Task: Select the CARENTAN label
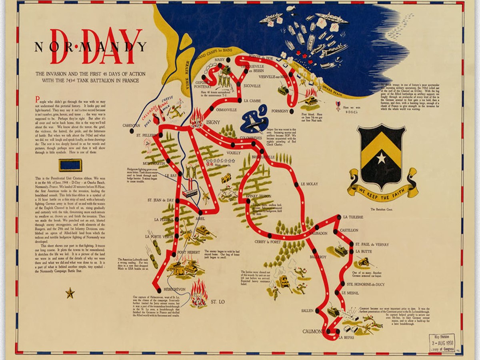[x=132, y=125]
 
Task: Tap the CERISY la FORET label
[x=268, y=242]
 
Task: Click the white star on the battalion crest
[x=381, y=158]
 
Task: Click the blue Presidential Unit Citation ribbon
[x=70, y=165]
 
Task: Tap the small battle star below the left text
[x=70, y=294]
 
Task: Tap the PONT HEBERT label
[x=188, y=252]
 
